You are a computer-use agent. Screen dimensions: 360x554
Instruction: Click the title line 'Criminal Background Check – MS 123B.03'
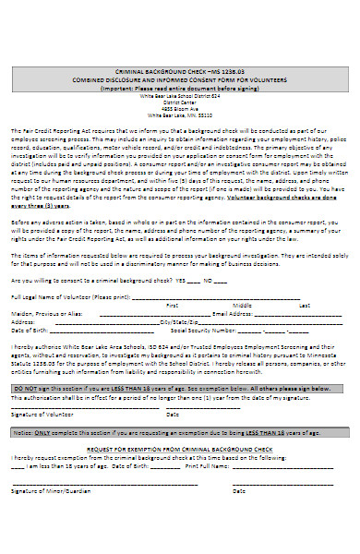tap(180, 71)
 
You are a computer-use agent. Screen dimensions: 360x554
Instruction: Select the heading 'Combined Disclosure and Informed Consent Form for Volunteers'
tap(180, 78)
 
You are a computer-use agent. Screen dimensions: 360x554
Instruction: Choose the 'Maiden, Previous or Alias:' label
tap(42, 287)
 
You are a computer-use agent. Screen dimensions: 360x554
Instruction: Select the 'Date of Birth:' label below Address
tap(30, 303)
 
